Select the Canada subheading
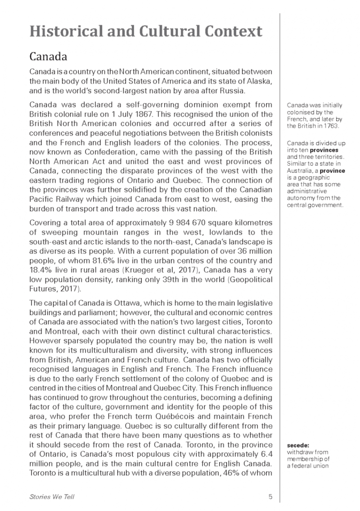pyautogui.click(x=48, y=58)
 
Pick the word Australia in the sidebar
pyautogui.click(x=301, y=173)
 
